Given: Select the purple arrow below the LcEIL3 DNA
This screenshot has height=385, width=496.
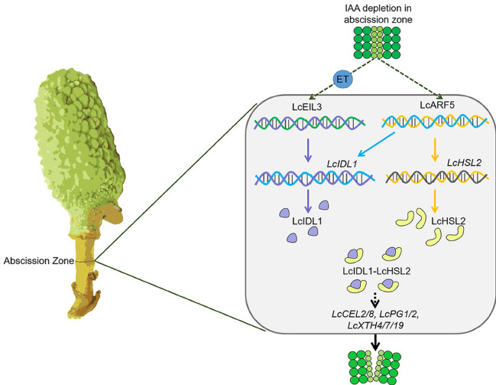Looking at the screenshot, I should [x=306, y=150].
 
